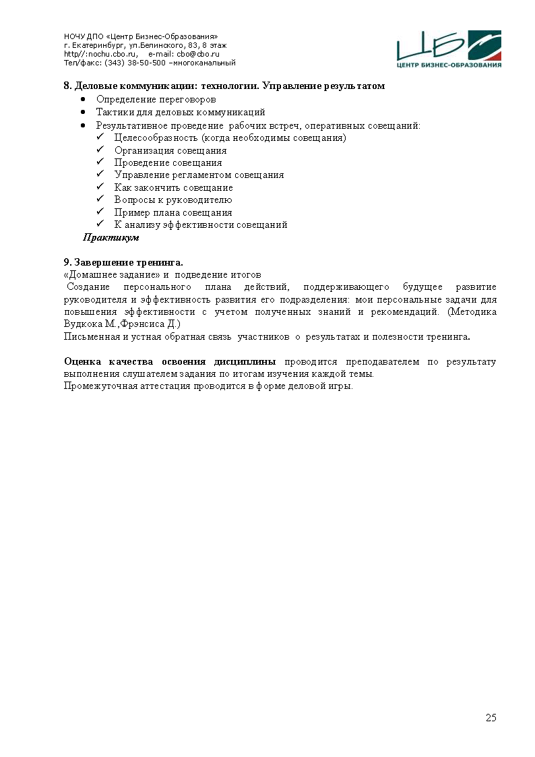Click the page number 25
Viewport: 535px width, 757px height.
click(x=491, y=717)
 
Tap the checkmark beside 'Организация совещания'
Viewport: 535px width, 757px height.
click(x=100, y=150)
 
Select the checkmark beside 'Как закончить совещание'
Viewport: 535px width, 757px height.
click(x=100, y=187)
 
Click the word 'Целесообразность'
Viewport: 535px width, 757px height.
click(x=152, y=138)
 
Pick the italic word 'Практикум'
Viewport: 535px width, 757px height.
click(x=111, y=238)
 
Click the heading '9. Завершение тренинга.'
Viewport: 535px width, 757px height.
click(x=123, y=262)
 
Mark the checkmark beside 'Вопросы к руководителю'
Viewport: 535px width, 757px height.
click(x=100, y=200)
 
